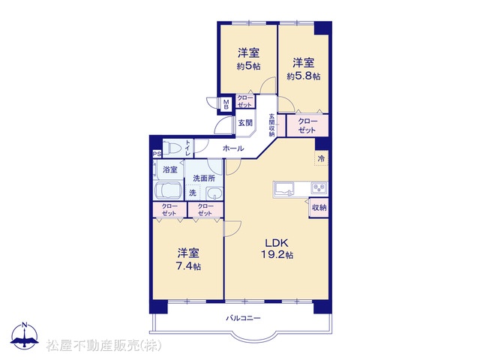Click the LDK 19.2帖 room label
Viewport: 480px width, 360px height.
pyautogui.click(x=277, y=248)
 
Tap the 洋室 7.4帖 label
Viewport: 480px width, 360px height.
pyautogui.click(x=188, y=259)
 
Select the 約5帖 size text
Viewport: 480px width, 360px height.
pyautogui.click(x=248, y=66)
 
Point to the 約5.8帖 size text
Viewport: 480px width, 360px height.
pyautogui.click(x=303, y=76)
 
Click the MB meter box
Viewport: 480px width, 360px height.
pyautogui.click(x=226, y=104)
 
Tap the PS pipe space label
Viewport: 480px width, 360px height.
pyautogui.click(x=157, y=154)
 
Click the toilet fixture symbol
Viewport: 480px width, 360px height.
pyautogui.click(x=172, y=148)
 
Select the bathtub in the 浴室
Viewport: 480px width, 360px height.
pyautogui.click(x=169, y=190)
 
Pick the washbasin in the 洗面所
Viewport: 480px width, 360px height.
pyautogui.click(x=214, y=193)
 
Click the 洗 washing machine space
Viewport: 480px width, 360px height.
pyautogui.click(x=193, y=193)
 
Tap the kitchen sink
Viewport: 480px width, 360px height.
pyautogui.click(x=284, y=188)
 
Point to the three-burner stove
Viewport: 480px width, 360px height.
pyautogui.click(x=319, y=187)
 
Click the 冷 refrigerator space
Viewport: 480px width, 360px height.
pyautogui.click(x=322, y=158)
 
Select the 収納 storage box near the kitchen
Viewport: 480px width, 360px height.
pyautogui.click(x=319, y=208)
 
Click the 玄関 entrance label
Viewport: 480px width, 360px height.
pyautogui.click(x=245, y=123)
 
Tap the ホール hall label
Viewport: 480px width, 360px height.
pyautogui.click(x=233, y=148)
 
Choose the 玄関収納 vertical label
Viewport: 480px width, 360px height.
pyautogui.click(x=271, y=125)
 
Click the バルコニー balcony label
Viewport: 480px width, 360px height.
pyautogui.click(x=243, y=318)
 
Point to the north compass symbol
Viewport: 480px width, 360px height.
pyautogui.click(x=25, y=335)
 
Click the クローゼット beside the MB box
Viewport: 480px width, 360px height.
pyautogui.click(x=245, y=101)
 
